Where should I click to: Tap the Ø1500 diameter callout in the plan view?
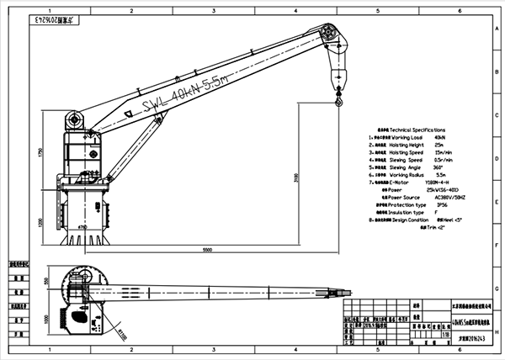[x=124, y=332]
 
